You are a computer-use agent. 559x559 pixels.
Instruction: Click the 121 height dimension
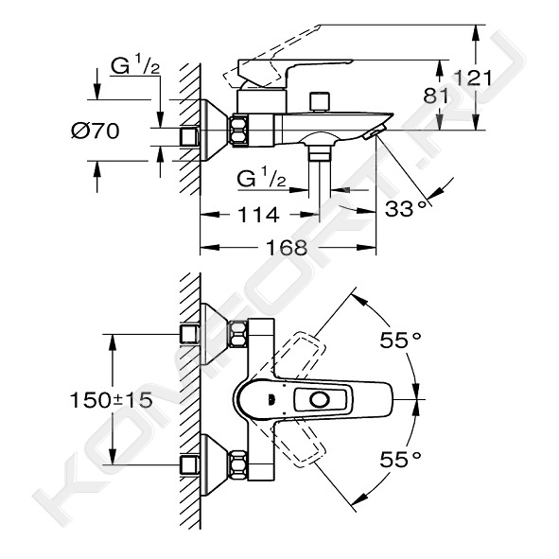click(473, 79)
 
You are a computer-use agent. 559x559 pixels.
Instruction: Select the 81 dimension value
click(436, 96)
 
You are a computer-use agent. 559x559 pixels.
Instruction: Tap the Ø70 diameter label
click(96, 131)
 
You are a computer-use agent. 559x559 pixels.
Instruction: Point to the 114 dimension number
click(258, 215)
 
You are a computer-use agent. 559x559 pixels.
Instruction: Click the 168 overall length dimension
click(287, 248)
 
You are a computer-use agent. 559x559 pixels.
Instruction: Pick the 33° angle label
click(406, 208)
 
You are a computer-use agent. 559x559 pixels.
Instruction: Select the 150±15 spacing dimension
click(111, 400)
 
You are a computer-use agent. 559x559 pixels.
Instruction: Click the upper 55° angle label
click(400, 341)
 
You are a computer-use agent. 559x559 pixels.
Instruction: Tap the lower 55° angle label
click(400, 459)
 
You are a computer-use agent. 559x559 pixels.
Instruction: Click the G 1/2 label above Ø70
click(135, 66)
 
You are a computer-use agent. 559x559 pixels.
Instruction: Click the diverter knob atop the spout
click(320, 102)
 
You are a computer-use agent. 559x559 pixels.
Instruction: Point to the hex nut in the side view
click(238, 130)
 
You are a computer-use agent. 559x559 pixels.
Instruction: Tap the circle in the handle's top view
click(320, 400)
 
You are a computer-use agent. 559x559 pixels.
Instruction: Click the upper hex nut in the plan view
click(238, 334)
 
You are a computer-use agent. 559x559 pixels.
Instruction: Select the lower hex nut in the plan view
click(238, 464)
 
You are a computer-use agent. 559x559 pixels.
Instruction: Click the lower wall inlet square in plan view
click(189, 464)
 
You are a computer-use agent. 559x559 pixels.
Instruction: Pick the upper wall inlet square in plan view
click(189, 334)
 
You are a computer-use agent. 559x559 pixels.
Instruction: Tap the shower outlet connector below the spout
click(320, 154)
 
